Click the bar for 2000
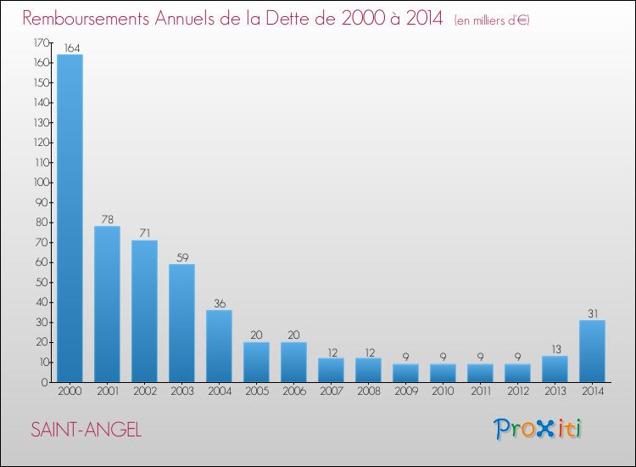click(x=70, y=218)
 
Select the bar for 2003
click(x=181, y=323)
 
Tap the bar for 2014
click(x=592, y=351)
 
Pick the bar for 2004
click(x=219, y=346)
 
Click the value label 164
click(x=70, y=48)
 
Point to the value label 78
click(x=107, y=219)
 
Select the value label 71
click(x=144, y=233)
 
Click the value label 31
click(x=592, y=313)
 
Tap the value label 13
click(x=555, y=349)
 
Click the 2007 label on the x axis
click(x=331, y=391)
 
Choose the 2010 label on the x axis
click(x=443, y=391)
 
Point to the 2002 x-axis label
click(x=144, y=391)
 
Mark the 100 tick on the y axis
click(x=39, y=183)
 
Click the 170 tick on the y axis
click(x=39, y=42)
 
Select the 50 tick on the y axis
click(x=41, y=283)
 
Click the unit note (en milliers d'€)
click(x=492, y=20)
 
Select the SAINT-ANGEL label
click(x=86, y=430)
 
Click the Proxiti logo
click(x=538, y=429)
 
